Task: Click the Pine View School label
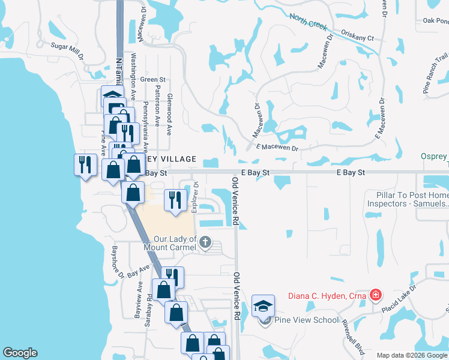(x=307, y=320)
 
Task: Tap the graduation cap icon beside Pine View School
(x=264, y=306)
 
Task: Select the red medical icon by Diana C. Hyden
(x=375, y=295)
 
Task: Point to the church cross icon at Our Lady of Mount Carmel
(x=205, y=242)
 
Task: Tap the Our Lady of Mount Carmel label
(x=175, y=243)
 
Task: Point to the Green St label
(x=152, y=79)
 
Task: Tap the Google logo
(x=20, y=353)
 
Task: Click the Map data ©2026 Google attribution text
(x=411, y=355)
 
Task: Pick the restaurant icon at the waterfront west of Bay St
(x=84, y=165)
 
